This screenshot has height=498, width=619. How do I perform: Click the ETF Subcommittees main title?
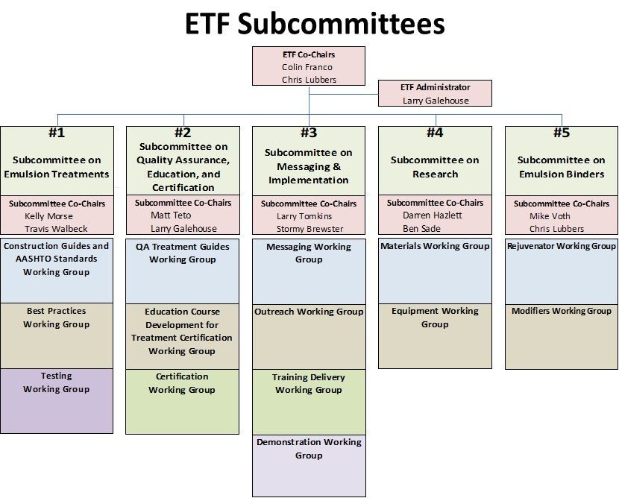[x=315, y=24]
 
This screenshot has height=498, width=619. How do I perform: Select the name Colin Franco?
[x=307, y=67]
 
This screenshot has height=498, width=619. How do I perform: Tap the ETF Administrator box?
[x=435, y=93]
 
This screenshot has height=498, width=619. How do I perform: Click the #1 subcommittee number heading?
[x=57, y=133]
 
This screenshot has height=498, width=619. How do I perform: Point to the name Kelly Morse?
[x=48, y=216]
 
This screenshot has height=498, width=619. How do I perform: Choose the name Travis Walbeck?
[x=56, y=229]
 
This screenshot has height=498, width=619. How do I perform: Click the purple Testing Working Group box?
[x=57, y=401]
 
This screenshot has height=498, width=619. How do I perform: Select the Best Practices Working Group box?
[x=57, y=335]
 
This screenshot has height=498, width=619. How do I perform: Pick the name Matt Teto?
[x=171, y=215]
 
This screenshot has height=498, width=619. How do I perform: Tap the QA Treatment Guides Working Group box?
[x=183, y=271]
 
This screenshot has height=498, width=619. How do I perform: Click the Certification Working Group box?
[x=183, y=402]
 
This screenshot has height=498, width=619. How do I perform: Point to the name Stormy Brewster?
[x=310, y=229]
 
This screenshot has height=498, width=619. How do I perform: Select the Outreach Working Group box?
[x=309, y=337]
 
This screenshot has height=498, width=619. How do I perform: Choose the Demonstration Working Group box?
[x=309, y=466]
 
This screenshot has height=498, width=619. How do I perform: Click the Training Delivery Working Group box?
[x=309, y=402]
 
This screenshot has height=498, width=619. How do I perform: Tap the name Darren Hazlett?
[x=433, y=215]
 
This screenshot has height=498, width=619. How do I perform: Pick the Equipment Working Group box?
[x=435, y=335]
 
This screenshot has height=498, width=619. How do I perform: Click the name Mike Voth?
[x=550, y=216]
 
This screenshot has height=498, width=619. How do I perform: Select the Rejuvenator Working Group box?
[x=562, y=271]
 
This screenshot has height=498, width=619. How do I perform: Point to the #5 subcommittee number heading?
[x=562, y=133]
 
